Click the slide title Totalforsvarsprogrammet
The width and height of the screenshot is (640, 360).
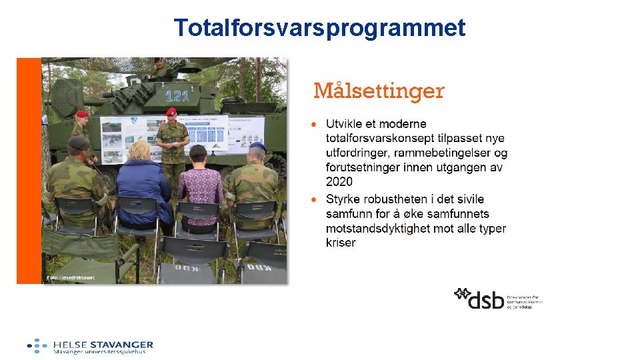coord(319,28)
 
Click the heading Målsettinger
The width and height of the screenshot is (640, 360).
coord(379,91)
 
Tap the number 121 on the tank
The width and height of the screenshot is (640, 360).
coord(177,95)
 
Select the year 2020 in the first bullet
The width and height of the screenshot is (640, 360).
coord(339,181)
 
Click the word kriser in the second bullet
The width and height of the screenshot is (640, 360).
coord(341,243)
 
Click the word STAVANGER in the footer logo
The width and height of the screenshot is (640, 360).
coord(122,344)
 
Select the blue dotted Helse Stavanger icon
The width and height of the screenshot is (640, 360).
coord(37,345)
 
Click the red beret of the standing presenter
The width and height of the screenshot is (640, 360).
coord(171,111)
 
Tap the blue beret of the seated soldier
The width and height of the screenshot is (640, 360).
coord(257,145)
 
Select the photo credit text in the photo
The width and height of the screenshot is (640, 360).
coord(70,277)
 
